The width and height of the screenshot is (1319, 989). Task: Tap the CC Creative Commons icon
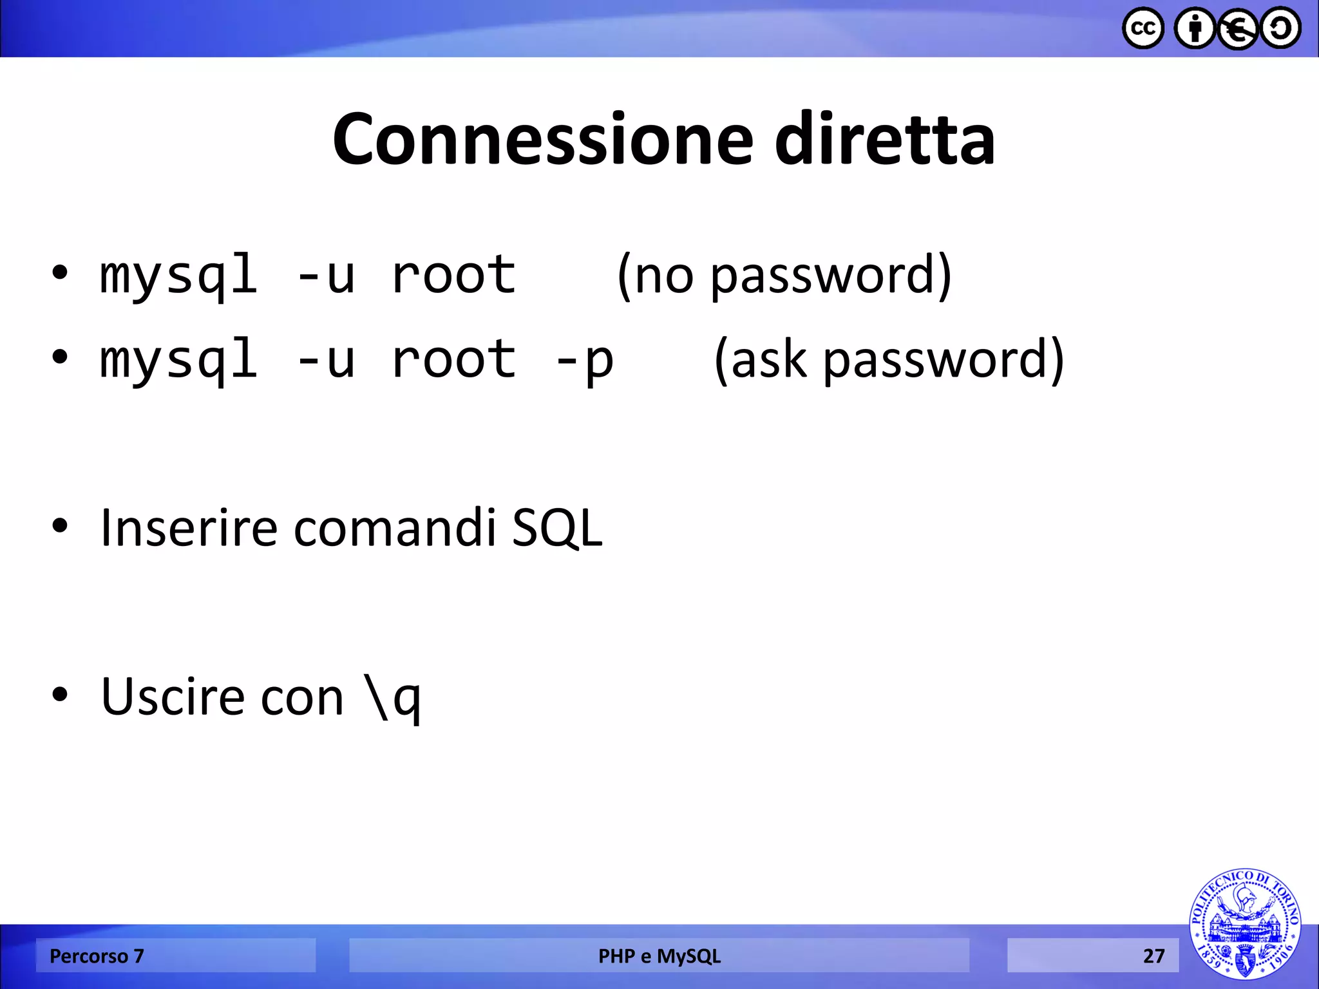pos(1143,28)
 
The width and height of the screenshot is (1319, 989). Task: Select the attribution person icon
pos(1195,28)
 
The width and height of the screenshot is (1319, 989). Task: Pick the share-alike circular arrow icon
pos(1280,28)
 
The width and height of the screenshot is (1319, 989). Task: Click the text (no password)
pos(784,276)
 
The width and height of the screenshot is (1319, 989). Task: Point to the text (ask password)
pos(889,360)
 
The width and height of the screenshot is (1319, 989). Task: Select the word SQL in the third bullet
pos(557,528)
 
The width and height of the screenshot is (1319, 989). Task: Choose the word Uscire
pos(173,697)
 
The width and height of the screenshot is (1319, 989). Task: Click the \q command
pos(392,698)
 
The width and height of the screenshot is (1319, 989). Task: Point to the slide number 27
pos(1153,956)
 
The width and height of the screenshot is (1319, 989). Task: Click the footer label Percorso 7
pos(97,956)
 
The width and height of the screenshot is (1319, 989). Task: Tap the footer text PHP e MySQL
pos(659,956)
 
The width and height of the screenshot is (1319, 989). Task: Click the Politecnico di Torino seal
pos(1244,924)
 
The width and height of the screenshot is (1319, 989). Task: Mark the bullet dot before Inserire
pos(60,526)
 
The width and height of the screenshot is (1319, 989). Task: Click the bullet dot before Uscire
pos(60,695)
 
